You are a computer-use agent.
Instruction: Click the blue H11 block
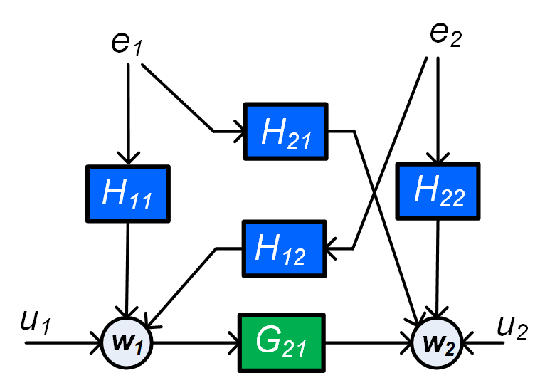pyautogui.click(x=127, y=193)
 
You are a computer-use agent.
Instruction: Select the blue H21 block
pyautogui.click(x=286, y=132)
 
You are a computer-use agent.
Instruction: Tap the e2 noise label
pyautogui.click(x=445, y=33)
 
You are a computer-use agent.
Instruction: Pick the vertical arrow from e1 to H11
pyautogui.click(x=127, y=114)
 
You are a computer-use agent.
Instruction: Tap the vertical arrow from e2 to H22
pyautogui.click(x=438, y=110)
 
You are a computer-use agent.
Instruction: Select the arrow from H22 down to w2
pyautogui.click(x=438, y=267)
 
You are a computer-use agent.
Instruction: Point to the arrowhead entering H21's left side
pyautogui.click(x=236, y=132)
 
